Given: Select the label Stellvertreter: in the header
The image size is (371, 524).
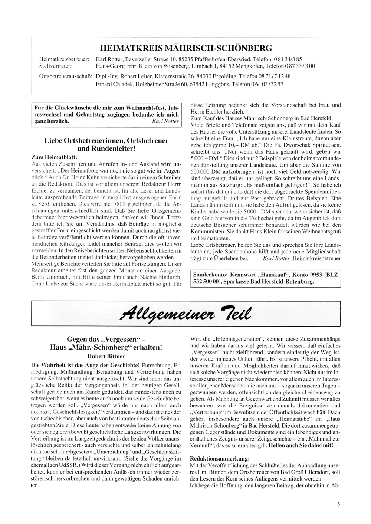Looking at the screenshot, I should click(55, 66).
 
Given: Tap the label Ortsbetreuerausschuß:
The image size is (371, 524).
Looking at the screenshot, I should click(65, 76).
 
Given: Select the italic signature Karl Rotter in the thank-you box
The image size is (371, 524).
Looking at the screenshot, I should click(166, 121).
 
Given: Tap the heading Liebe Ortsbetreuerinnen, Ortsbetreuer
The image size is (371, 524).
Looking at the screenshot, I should click(106, 141).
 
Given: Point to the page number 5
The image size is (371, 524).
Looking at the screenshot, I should click(338, 504).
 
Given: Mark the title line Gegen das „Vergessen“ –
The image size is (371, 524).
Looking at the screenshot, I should click(106, 340).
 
